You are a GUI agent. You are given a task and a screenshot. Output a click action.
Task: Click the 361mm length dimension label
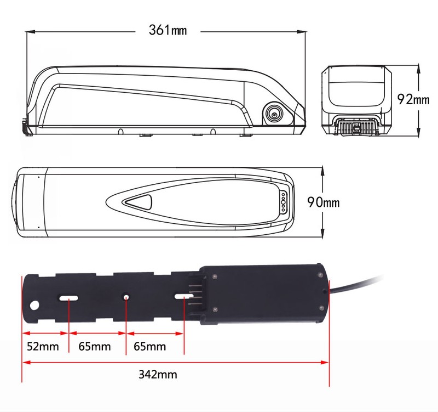click(168, 30)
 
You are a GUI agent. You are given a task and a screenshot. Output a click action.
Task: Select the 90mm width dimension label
click(324, 202)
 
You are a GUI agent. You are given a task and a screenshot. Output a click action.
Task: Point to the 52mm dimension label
click(43, 347)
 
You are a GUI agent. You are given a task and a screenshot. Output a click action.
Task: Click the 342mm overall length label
click(158, 375)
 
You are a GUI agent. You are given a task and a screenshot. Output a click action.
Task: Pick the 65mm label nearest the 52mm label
click(94, 347)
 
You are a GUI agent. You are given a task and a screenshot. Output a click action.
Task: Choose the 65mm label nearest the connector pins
click(149, 347)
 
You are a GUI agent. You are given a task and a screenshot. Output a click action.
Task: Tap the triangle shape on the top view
click(139, 202)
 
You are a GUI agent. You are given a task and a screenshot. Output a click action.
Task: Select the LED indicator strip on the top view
click(283, 201)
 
